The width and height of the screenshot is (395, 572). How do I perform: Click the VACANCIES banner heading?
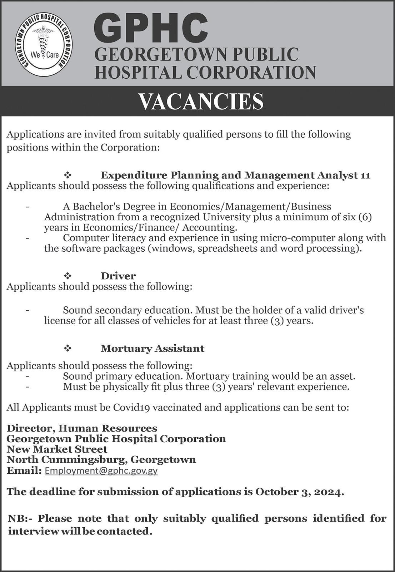click(x=201, y=102)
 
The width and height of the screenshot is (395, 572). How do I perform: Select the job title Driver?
click(x=118, y=276)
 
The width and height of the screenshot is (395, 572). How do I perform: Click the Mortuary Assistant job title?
click(x=152, y=349)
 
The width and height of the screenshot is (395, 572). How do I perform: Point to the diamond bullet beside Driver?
click(x=67, y=276)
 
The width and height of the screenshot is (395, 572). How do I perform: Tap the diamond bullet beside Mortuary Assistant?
click(x=67, y=349)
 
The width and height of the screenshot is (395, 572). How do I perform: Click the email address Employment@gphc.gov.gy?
click(x=101, y=471)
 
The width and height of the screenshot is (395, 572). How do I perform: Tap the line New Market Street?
click(x=57, y=449)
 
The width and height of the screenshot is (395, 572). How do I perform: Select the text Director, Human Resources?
click(x=82, y=428)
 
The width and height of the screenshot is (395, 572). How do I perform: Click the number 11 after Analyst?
click(x=365, y=175)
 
